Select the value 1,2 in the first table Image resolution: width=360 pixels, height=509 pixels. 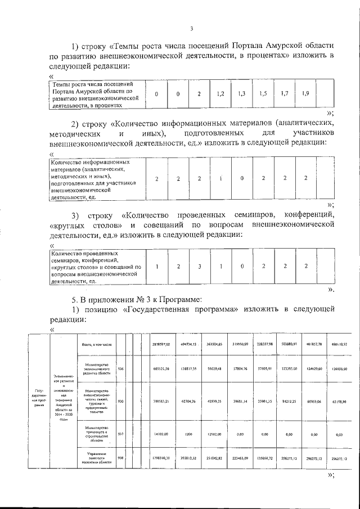pos(220,94)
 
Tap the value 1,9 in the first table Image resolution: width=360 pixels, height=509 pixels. pos(305,93)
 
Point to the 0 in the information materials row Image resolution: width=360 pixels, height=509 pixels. pos(242,178)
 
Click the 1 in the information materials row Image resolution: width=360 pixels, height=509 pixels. pos(220,178)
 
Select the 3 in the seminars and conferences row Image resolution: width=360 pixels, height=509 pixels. pos(199,267)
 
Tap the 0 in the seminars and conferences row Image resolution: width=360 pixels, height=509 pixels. pos(242,267)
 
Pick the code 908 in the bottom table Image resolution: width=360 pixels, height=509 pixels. pos(120,458)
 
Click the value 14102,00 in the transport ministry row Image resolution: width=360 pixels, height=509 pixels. pos(163,434)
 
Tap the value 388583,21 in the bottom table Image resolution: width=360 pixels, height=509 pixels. pos(163,403)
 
